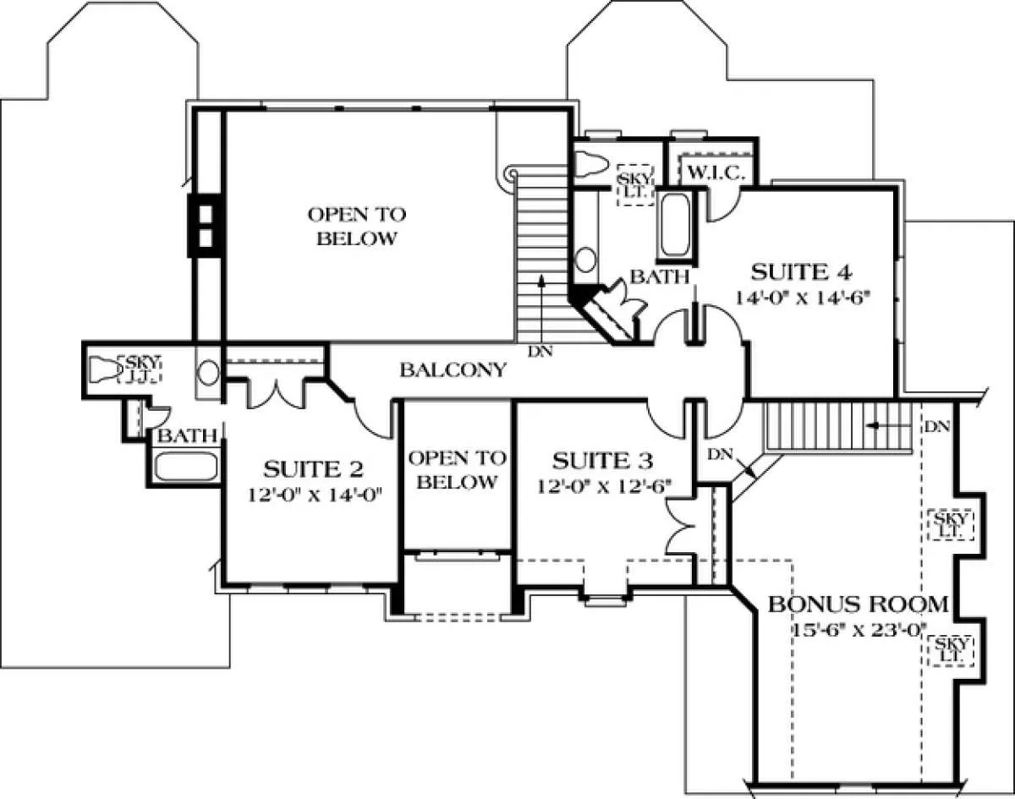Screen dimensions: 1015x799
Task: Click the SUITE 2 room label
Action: click(313, 469)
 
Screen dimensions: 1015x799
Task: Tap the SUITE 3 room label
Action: click(602, 461)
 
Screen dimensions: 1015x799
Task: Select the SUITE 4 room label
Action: click(801, 272)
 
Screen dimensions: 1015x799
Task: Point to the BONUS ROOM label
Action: click(858, 605)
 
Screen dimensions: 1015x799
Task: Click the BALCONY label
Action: click(453, 369)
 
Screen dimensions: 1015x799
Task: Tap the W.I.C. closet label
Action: click(716, 173)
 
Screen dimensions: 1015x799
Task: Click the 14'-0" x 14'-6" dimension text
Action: click(802, 298)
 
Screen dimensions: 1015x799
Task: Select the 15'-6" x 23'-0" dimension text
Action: click(859, 630)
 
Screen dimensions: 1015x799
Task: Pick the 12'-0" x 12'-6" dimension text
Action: click(604, 486)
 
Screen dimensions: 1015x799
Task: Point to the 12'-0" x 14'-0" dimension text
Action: click(315, 495)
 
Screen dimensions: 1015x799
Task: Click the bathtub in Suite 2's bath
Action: click(186, 467)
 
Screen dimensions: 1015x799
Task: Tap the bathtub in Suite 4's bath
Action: click(676, 226)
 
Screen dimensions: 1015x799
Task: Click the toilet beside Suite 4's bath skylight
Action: click(592, 165)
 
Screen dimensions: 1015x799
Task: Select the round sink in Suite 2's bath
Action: click(208, 373)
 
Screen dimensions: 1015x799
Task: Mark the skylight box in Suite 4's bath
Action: click(635, 185)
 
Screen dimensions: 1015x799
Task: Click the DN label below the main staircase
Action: click(540, 352)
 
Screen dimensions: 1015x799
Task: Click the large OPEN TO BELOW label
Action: click(357, 227)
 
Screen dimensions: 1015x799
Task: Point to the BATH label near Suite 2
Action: click(187, 435)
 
